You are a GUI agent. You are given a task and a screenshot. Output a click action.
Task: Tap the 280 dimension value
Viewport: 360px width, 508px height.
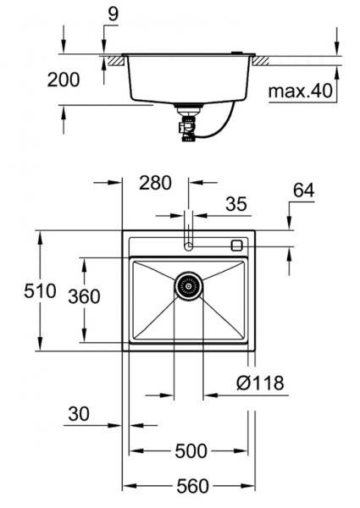coord(155,182)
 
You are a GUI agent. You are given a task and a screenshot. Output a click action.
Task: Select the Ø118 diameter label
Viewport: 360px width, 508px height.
coord(258,384)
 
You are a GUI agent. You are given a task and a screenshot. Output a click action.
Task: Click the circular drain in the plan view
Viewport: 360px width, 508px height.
coord(189,285)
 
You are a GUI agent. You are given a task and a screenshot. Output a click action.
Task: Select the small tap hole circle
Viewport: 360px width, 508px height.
coord(188,246)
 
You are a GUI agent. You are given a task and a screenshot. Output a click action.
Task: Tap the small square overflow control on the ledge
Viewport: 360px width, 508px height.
coord(236,245)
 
